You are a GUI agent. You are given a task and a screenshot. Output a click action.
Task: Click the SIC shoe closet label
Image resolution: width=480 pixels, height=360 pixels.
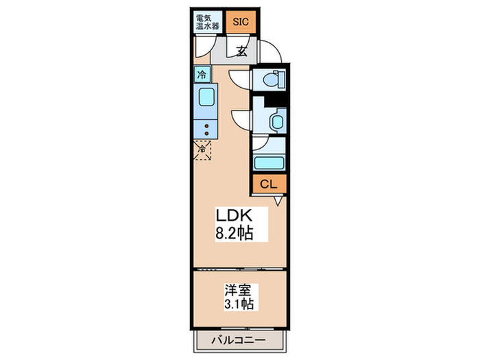tap(241, 21)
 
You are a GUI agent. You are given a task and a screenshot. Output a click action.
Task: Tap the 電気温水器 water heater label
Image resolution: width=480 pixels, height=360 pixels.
tap(207, 21)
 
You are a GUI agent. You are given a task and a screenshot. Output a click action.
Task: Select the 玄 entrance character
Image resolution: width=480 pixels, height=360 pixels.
tap(243, 50)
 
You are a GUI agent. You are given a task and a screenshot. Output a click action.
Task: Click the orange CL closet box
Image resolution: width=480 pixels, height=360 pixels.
tap(268, 184)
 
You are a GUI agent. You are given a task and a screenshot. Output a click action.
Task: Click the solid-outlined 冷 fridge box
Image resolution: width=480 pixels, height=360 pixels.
tap(202, 75)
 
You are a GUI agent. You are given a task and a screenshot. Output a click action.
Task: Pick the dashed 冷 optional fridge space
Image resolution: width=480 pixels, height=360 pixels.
tap(203, 149)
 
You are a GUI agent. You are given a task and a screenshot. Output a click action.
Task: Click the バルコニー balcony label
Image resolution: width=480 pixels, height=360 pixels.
tap(237, 339)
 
